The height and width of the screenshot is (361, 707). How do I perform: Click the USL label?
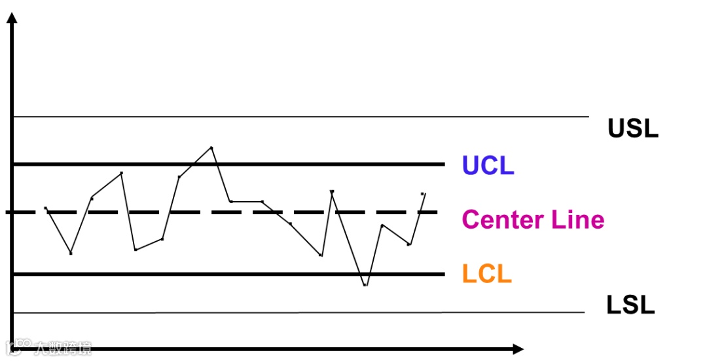tap(632, 128)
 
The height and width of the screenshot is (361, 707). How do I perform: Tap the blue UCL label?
tap(488, 166)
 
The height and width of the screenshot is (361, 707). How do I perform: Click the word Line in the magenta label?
tap(578, 219)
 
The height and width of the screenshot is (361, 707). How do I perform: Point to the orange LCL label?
tap(486, 274)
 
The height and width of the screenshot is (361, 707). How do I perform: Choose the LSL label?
tap(630, 305)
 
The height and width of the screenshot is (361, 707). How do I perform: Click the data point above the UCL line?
tap(211, 147)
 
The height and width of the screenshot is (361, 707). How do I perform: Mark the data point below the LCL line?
tap(365, 285)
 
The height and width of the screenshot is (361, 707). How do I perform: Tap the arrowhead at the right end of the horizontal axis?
tap(518, 349)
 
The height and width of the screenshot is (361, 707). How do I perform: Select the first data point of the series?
tap(45, 208)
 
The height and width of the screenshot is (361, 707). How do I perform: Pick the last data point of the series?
tap(424, 194)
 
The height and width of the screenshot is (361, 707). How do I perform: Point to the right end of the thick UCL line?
tap(444, 164)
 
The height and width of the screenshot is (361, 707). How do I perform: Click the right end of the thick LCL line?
tap(444, 274)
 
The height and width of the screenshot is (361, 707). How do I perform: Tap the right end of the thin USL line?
tap(589, 117)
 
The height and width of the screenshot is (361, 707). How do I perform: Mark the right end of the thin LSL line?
tap(584, 313)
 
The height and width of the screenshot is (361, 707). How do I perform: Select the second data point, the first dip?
tap(71, 253)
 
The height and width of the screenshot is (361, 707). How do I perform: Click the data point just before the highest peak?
tap(179, 176)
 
